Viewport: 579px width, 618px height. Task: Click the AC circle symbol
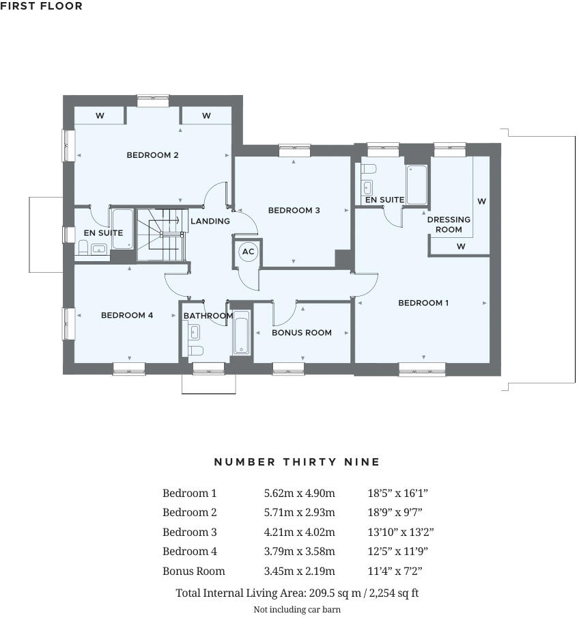(248, 252)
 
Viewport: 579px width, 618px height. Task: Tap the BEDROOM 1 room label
(423, 303)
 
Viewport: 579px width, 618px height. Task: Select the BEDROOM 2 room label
(152, 155)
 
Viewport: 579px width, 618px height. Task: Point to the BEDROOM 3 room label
(294, 211)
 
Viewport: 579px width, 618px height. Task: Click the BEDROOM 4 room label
(127, 315)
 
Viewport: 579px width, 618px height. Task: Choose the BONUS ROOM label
(302, 333)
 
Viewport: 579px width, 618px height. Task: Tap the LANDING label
(210, 221)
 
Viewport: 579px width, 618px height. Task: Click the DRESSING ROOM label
(449, 224)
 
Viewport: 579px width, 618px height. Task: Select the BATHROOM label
(208, 316)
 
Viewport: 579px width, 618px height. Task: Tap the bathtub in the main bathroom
(242, 333)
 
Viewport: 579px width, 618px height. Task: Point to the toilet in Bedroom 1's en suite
(369, 169)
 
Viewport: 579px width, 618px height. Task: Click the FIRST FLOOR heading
(42, 6)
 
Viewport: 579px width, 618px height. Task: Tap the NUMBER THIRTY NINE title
(297, 462)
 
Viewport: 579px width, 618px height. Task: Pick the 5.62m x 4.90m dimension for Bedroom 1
(299, 493)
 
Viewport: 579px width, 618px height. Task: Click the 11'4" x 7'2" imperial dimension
(395, 571)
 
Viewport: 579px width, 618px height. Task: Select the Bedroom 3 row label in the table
(189, 532)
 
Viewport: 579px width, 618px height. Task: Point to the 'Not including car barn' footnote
(297, 609)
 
